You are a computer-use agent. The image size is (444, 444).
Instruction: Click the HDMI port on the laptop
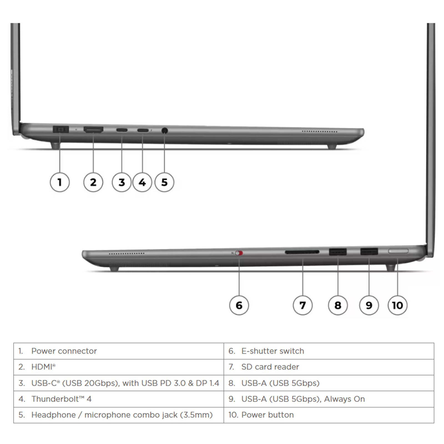(x=94, y=130)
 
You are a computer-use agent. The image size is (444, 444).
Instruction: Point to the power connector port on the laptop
(x=61, y=129)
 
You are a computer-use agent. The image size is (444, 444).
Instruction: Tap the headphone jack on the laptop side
(x=165, y=130)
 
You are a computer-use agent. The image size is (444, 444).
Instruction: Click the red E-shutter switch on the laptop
(x=239, y=253)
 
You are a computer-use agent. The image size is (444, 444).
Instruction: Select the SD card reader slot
(x=302, y=252)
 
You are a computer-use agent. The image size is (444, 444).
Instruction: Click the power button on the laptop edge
(x=398, y=251)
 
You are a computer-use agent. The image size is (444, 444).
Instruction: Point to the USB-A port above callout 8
(x=338, y=252)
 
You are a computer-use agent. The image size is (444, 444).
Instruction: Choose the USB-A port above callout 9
(x=369, y=251)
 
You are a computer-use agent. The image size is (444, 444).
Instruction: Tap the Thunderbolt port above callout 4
(x=143, y=130)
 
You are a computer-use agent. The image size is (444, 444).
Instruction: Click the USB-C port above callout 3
(x=122, y=130)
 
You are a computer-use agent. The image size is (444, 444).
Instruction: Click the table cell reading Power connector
(x=119, y=351)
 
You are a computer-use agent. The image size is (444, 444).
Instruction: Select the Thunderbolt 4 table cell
(x=119, y=399)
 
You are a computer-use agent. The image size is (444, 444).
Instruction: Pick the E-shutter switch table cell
(x=329, y=351)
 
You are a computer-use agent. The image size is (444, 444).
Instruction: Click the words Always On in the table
(x=344, y=399)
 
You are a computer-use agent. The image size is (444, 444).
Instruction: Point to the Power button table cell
(x=329, y=415)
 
